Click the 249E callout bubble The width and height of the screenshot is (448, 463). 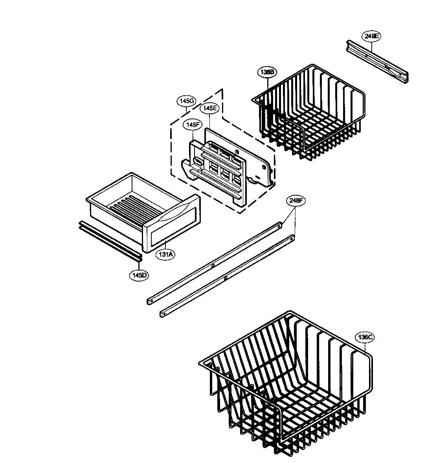[x=371, y=36]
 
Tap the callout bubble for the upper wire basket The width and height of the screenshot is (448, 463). [x=268, y=72]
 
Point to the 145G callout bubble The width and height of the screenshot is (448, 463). [x=186, y=101]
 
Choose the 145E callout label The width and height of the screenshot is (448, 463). [x=209, y=108]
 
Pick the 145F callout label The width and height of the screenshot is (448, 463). [x=193, y=124]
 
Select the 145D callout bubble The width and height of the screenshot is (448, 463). [x=139, y=275]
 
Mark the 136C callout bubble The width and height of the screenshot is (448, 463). [x=364, y=337]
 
